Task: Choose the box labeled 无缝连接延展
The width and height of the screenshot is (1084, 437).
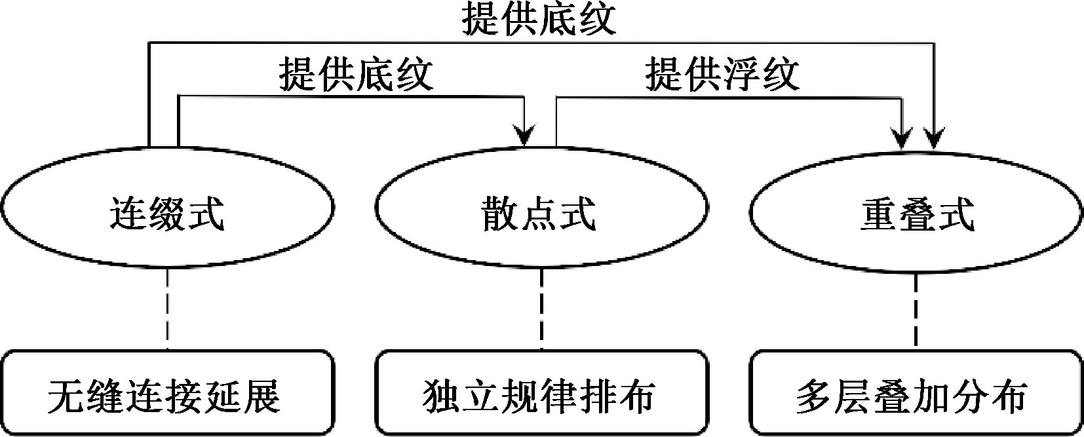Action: (x=167, y=394)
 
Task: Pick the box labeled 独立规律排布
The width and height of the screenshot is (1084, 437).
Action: (x=541, y=394)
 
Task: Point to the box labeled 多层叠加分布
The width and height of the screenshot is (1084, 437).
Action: (x=916, y=394)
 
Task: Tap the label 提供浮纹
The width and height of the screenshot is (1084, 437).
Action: (x=722, y=75)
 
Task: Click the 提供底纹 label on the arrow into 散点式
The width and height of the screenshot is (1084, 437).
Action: (x=356, y=75)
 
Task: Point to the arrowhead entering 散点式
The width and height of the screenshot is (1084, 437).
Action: (x=525, y=137)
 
